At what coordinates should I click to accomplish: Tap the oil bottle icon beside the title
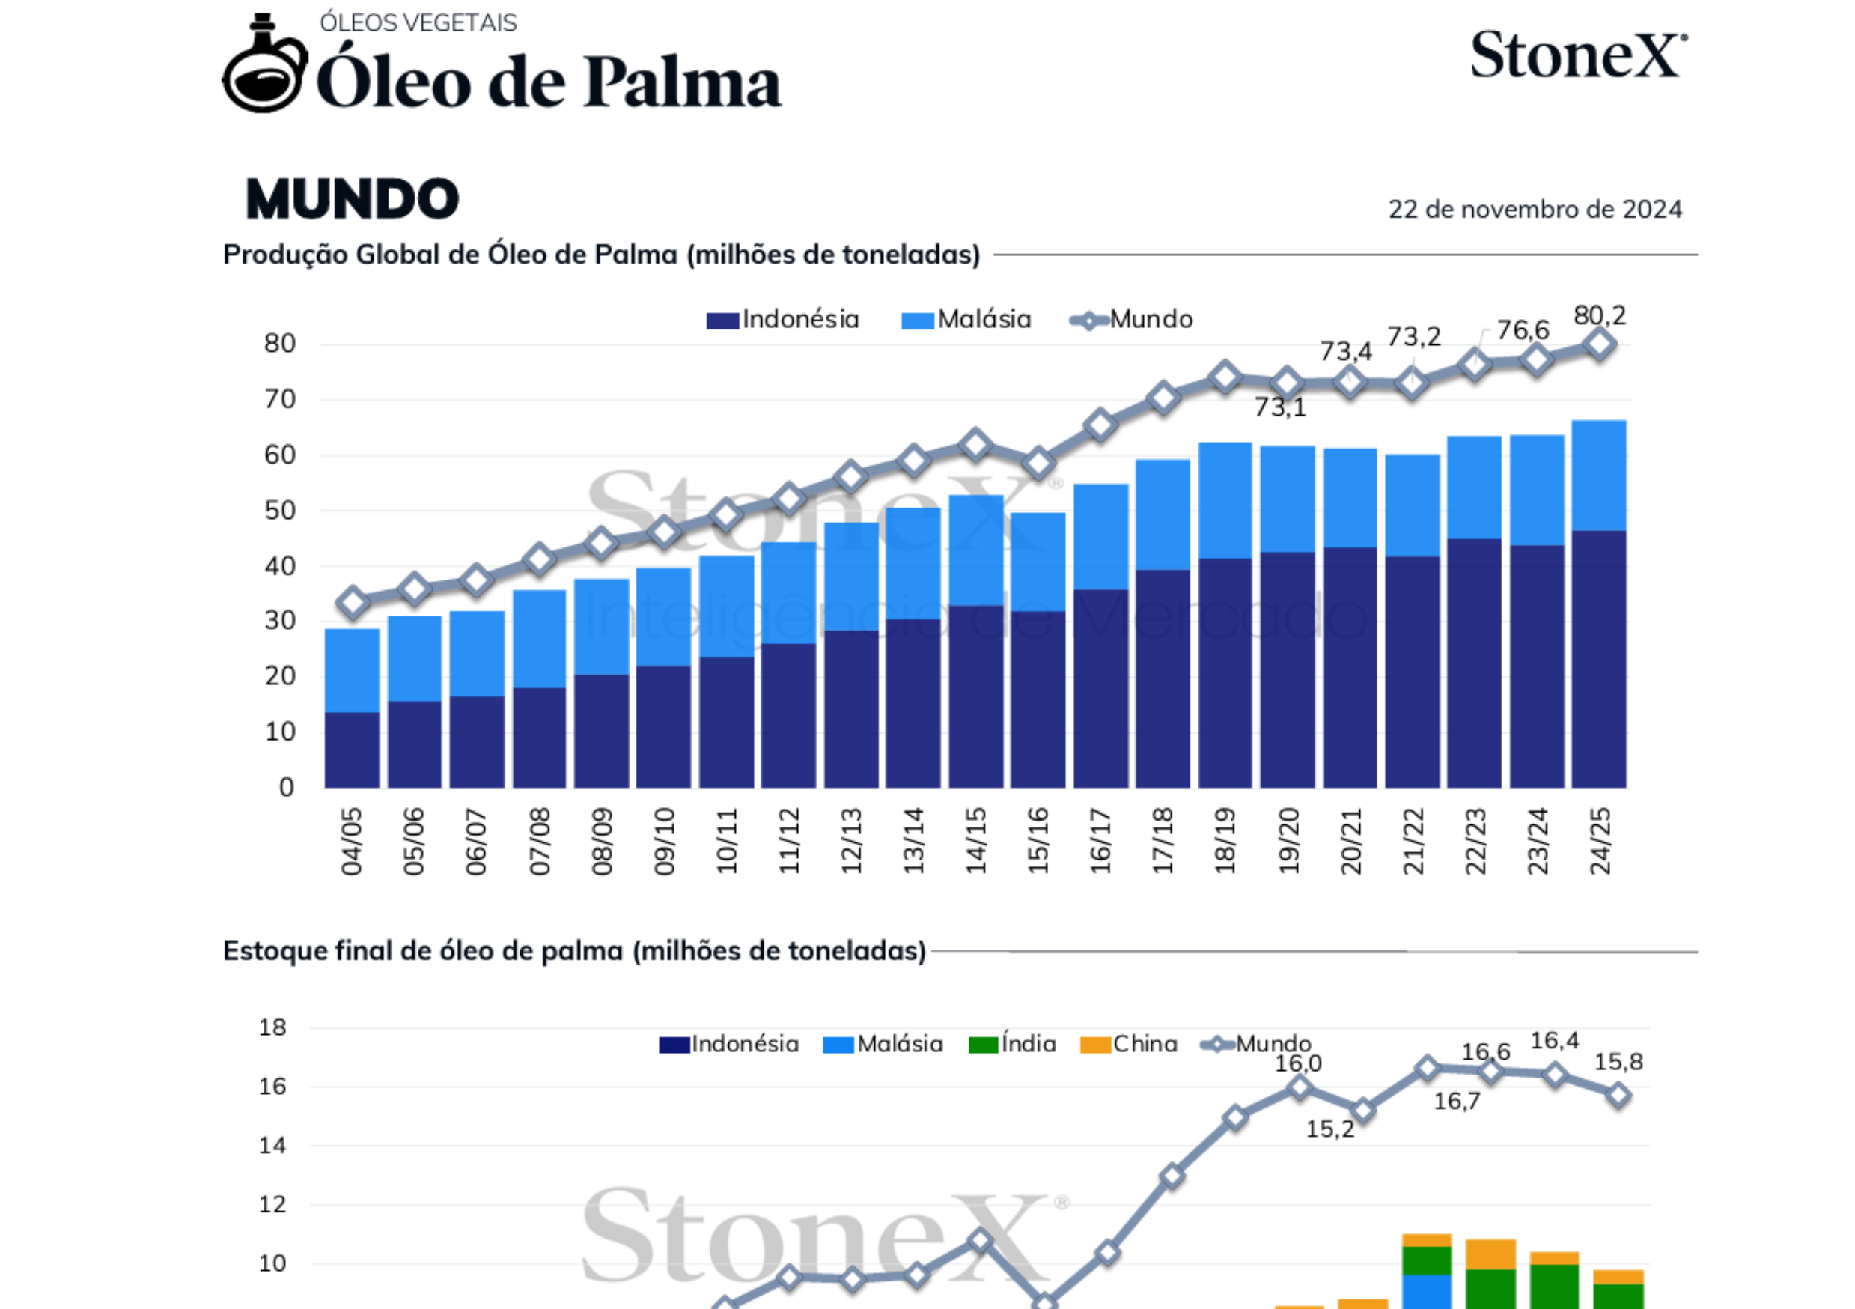(264, 66)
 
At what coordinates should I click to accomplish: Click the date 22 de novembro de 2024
(1535, 209)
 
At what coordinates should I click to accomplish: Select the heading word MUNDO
(353, 198)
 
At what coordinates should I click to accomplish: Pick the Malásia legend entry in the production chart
(966, 319)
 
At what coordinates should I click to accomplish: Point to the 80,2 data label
(1600, 315)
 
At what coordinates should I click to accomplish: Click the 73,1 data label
(1280, 407)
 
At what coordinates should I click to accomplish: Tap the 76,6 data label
(1523, 329)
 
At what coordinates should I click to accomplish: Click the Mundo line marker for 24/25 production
(1600, 344)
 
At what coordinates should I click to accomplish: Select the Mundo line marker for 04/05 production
(353, 602)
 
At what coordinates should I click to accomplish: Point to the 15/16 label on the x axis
(1038, 841)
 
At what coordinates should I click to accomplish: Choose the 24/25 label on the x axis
(1600, 841)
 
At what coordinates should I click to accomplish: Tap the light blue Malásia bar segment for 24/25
(1600, 475)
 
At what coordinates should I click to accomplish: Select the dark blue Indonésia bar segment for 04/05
(353, 749)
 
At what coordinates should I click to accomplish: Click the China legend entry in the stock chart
(1129, 1044)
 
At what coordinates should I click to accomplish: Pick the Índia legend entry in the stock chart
(1013, 1044)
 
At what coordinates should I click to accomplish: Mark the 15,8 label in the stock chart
(1618, 1062)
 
